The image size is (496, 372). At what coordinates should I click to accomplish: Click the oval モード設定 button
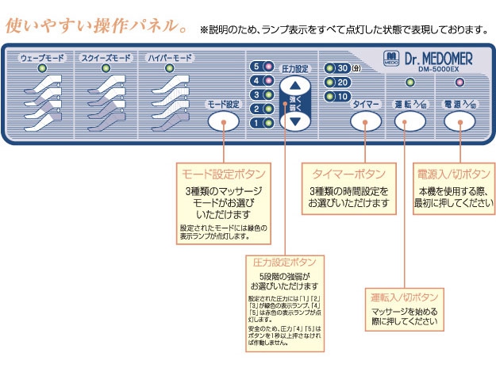tap(223, 121)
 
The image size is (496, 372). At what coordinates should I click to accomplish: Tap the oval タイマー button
tap(364, 121)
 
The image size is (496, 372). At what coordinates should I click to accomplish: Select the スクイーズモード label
tap(106, 59)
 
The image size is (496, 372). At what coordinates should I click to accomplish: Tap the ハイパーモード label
tap(169, 59)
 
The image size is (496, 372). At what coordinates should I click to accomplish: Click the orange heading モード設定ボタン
tap(224, 173)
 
